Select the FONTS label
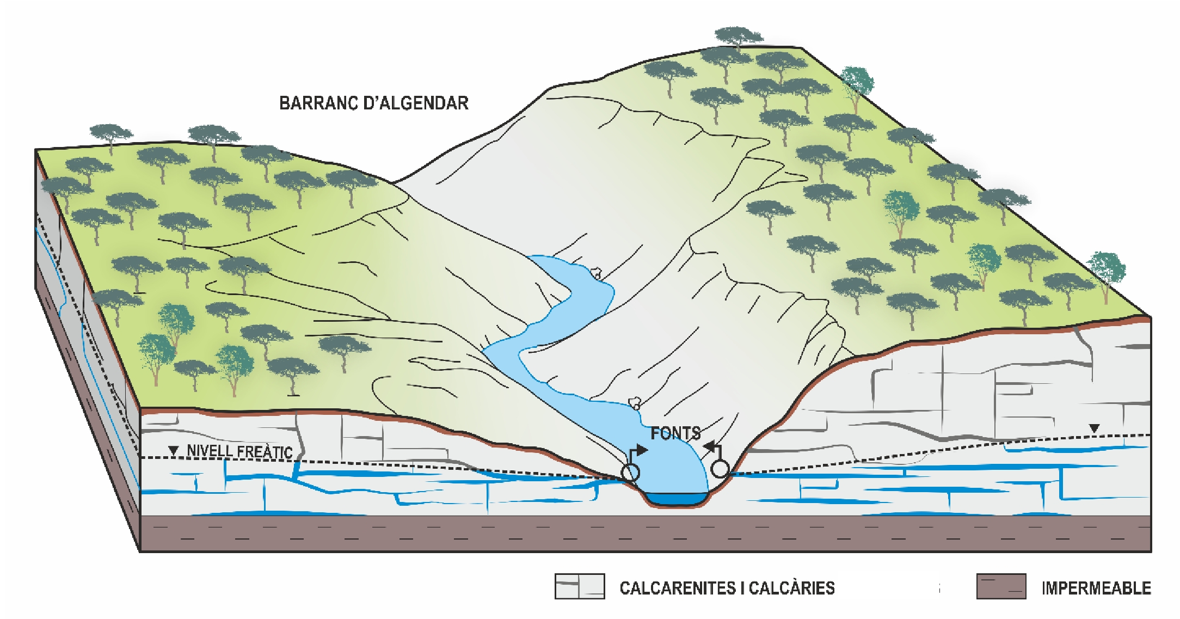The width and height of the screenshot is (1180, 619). tap(675, 433)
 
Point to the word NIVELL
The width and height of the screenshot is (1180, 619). tap(210, 451)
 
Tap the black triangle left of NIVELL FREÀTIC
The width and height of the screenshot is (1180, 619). tap(174, 451)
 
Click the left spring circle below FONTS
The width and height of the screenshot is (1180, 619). tap(631, 472)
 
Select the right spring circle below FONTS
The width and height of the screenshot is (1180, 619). tap(720, 468)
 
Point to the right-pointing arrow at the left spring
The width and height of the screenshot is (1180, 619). tap(642, 450)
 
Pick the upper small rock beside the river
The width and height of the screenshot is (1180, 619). tap(596, 272)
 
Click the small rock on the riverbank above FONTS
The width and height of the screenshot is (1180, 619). tap(634, 403)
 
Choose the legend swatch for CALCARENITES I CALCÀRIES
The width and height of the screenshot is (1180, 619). tap(580, 586)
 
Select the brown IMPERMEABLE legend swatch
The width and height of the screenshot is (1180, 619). tap(1001, 586)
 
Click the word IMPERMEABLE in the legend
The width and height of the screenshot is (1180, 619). tap(1096, 589)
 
